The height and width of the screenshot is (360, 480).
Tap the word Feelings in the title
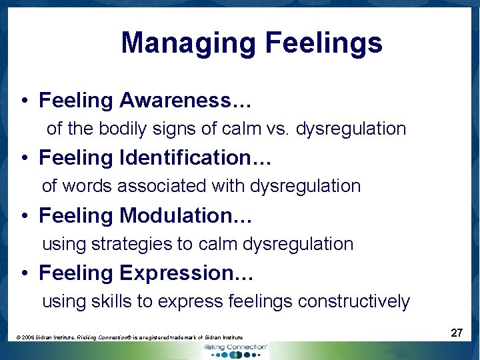[x=323, y=44]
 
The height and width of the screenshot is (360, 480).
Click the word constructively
[x=354, y=301]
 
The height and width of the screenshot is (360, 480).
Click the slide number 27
[x=456, y=333]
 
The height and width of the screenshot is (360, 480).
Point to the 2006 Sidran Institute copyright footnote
[x=129, y=338]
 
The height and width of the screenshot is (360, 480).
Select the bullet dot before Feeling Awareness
[x=23, y=101]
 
